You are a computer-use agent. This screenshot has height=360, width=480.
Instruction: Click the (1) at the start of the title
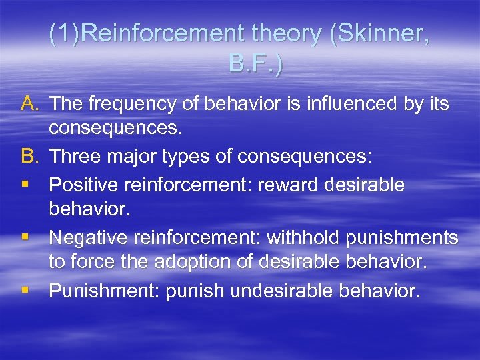pos(63,35)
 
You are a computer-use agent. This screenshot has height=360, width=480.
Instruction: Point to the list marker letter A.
pos(31,104)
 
